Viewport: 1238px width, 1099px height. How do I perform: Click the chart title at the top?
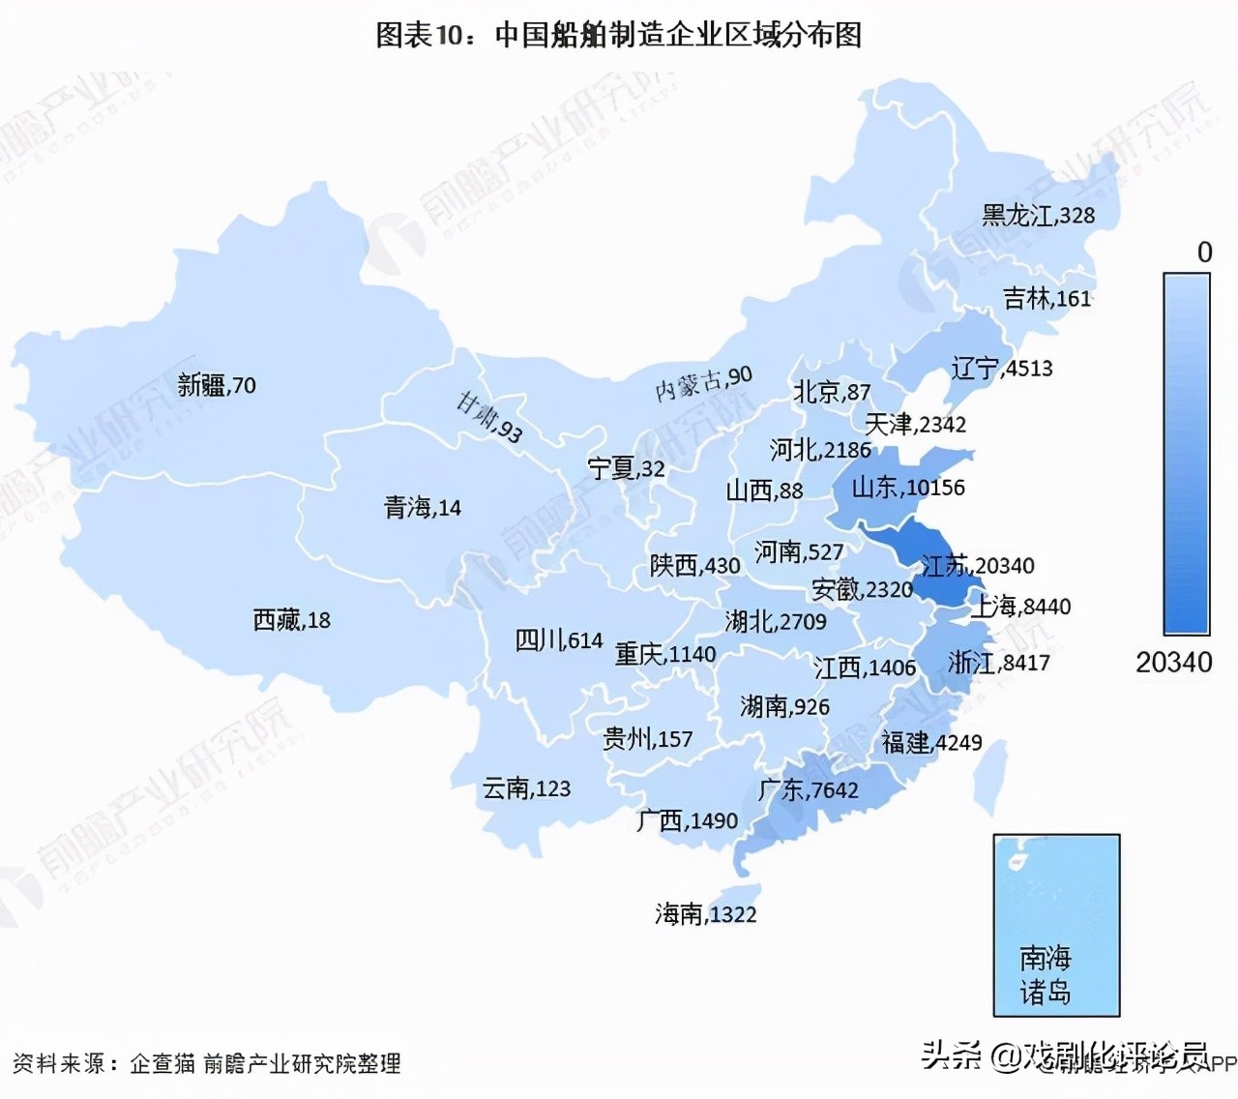pos(618,36)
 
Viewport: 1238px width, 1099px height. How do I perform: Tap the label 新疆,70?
pos(217,385)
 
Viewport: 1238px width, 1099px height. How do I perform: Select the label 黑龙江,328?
pos(1038,215)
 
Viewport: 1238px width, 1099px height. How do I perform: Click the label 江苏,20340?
pos(977,565)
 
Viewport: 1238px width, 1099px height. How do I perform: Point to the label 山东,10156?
pos(907,488)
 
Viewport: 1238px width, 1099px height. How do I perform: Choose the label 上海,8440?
pos(1020,607)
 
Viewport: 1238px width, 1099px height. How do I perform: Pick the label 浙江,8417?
pos(998,663)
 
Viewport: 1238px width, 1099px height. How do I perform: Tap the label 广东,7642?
pos(809,789)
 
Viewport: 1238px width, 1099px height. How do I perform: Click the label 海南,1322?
pos(705,913)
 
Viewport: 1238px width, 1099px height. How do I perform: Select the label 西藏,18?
pos(291,619)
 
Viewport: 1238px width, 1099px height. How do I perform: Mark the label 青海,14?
pos(422,507)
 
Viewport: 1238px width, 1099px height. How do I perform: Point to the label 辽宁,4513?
pos(1001,368)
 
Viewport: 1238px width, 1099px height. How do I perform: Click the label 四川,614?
pos(558,639)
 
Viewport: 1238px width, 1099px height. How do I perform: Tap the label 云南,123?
pos(526,788)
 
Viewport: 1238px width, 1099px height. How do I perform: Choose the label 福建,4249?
pos(931,742)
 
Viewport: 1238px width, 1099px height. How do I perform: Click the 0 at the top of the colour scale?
pos(1204,252)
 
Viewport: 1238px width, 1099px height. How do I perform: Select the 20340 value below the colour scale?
pos(1173,663)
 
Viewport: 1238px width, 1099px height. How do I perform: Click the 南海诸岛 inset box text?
pos(1046,975)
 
